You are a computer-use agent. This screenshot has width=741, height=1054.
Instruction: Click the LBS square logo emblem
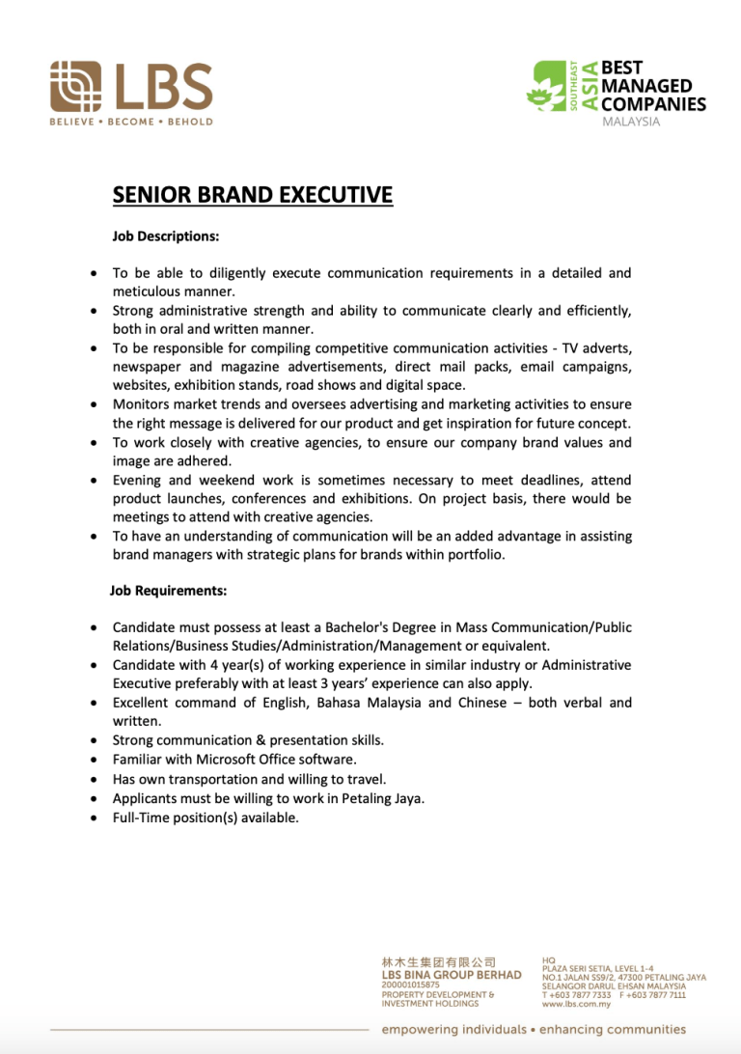75,86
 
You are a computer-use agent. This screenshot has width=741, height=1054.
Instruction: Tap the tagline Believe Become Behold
131,122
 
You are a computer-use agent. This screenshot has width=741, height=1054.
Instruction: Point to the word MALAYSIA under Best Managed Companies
631,122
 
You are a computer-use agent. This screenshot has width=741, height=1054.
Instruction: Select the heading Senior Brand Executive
253,195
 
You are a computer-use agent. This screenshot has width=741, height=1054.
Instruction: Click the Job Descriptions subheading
166,235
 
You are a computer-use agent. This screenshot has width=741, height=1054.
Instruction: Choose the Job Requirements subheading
168,589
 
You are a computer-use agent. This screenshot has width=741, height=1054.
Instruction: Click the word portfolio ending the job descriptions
472,555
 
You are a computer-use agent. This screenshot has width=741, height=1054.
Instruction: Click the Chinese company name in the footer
439,962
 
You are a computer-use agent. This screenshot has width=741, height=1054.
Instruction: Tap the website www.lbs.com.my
576,1004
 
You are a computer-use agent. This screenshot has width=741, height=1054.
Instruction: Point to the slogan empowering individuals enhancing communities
534,1030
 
